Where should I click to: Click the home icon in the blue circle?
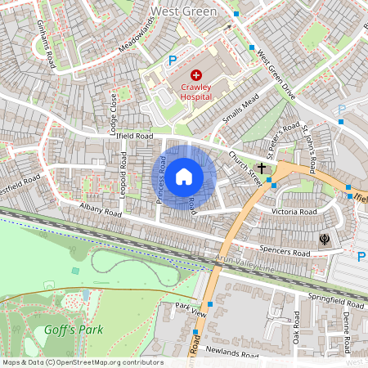click(x=184, y=176)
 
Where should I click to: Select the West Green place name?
click(x=184, y=11)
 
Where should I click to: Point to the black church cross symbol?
click(x=263, y=168)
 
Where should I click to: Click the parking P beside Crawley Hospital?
click(x=172, y=59)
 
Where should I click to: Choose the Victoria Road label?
click(x=294, y=211)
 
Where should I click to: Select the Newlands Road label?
click(x=233, y=352)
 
